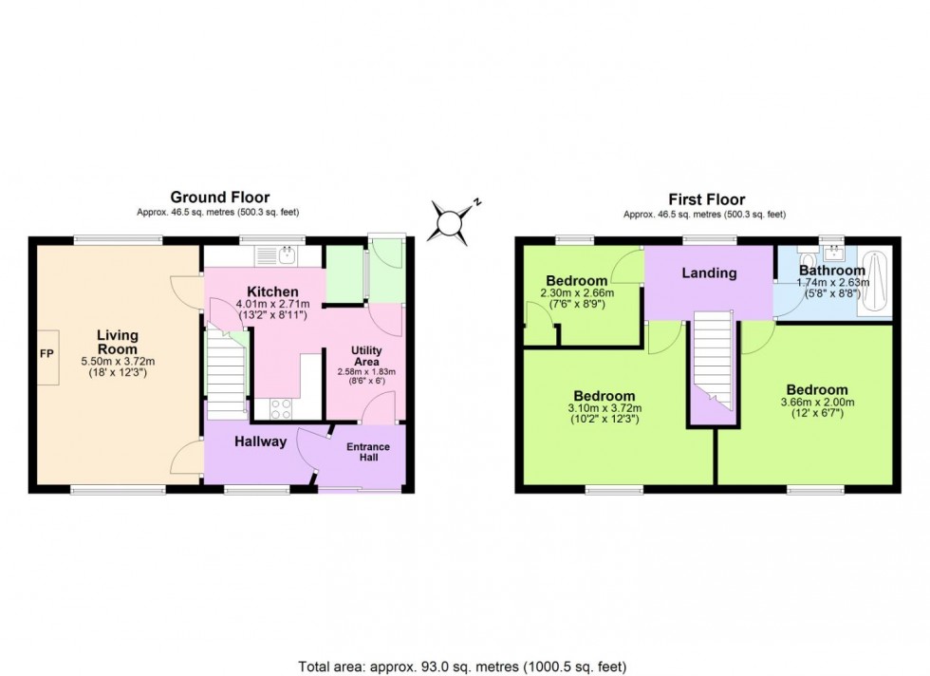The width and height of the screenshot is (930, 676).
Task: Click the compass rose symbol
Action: (x=451, y=219)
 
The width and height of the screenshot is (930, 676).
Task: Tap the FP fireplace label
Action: (x=45, y=353)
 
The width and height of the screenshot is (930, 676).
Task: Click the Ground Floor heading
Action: (x=219, y=197)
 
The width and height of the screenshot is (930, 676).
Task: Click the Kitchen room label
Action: (x=273, y=291)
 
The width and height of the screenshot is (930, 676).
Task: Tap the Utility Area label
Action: (x=366, y=356)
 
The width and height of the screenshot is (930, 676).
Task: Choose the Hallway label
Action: (x=261, y=441)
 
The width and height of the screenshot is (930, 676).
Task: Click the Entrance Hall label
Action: (x=368, y=454)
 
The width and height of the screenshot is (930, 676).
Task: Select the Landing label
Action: (x=709, y=273)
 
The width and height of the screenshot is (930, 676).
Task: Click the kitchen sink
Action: (x=284, y=254)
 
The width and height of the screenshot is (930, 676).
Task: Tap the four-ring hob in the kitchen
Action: (x=282, y=408)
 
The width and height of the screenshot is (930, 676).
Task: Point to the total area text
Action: (x=464, y=667)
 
